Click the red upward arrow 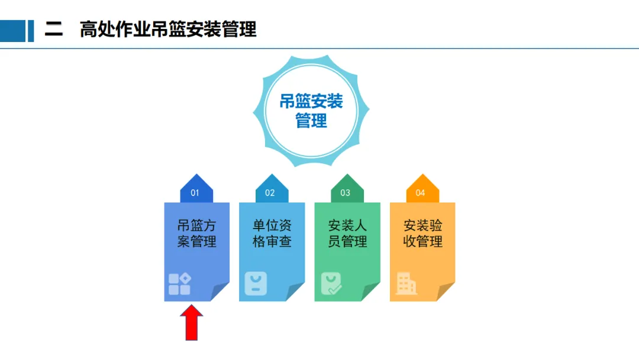(x=191, y=322)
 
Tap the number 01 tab (x=196, y=191)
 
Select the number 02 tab (x=271, y=191)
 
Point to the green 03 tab (x=346, y=191)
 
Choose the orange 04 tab (x=421, y=191)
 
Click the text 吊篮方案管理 (x=196, y=233)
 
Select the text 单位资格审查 (x=272, y=233)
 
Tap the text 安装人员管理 (x=347, y=233)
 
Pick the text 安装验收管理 (x=422, y=233)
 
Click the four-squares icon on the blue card (x=179, y=284)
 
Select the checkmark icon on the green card (x=330, y=284)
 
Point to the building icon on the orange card (x=406, y=284)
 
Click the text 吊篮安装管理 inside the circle (x=311, y=111)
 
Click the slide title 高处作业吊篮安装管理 (x=168, y=30)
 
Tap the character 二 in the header (x=54, y=30)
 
